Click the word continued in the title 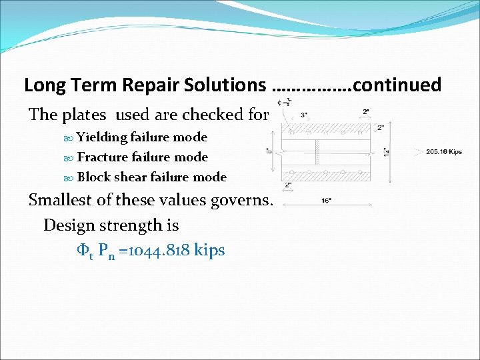(x=397, y=85)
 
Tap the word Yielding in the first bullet (x=102, y=137)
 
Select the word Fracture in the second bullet (x=103, y=157)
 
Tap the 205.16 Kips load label (x=443, y=152)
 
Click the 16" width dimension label (x=327, y=199)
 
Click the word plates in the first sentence (x=80, y=115)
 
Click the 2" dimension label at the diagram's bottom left (x=289, y=185)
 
